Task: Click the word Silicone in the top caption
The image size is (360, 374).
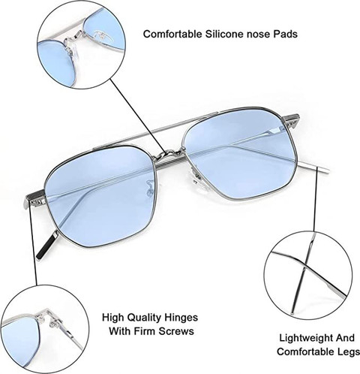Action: tap(225, 34)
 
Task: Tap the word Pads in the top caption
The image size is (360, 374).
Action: tap(285, 34)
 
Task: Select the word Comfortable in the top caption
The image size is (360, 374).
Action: tap(172, 34)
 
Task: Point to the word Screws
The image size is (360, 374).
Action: tap(176, 331)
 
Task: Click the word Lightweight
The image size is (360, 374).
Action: tap(306, 339)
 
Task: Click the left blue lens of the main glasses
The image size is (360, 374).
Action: tap(101, 195)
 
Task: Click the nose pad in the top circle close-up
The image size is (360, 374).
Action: tap(71, 50)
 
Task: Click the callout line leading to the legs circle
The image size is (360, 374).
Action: tap(316, 199)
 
